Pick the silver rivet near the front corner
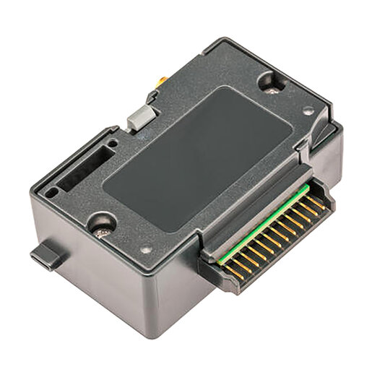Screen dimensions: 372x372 click(x=147, y=249)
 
